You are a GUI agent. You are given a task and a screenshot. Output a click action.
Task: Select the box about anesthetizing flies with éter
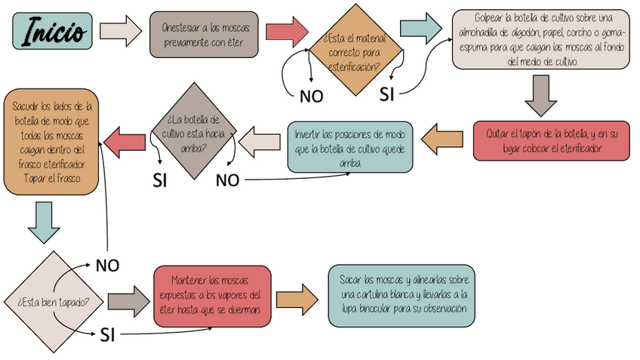point(205,34)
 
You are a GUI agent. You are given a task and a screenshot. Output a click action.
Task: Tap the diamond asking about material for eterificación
point(352,49)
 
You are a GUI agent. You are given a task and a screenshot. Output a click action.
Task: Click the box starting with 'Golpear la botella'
point(541,39)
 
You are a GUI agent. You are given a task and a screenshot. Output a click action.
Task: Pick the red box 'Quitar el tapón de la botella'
point(552,140)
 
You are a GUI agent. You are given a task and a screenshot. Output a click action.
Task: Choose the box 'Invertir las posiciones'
point(350,146)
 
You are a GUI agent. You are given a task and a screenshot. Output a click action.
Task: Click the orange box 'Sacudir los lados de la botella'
point(51,142)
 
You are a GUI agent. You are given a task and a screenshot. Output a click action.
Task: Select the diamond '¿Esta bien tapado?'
point(52,301)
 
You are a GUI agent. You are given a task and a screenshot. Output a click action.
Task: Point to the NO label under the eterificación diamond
point(312,96)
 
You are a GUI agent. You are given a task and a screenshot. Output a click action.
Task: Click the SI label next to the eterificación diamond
point(386,94)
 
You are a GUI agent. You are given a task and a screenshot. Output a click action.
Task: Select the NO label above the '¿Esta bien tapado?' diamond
point(108,265)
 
